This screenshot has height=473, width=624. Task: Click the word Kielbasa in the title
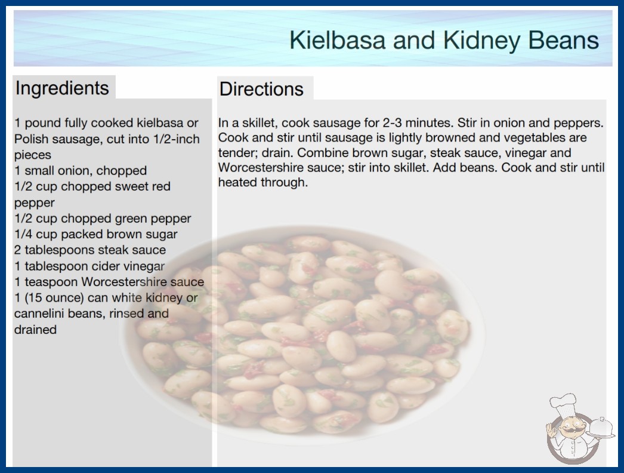[337, 40]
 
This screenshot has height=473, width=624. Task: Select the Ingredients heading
[62, 88]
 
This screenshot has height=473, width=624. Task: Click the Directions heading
[261, 89]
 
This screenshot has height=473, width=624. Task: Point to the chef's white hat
[563, 404]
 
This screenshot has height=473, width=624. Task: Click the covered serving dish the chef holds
[601, 428]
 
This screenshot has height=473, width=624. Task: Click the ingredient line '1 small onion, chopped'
[81, 171]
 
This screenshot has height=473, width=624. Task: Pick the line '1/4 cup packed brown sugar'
[96, 234]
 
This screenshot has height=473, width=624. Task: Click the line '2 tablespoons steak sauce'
[90, 250]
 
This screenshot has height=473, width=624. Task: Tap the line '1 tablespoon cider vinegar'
[89, 266]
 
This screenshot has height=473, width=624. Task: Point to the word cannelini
[39, 314]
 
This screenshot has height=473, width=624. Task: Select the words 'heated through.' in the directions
[263, 183]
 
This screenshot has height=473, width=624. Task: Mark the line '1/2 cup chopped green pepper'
[103, 219]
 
